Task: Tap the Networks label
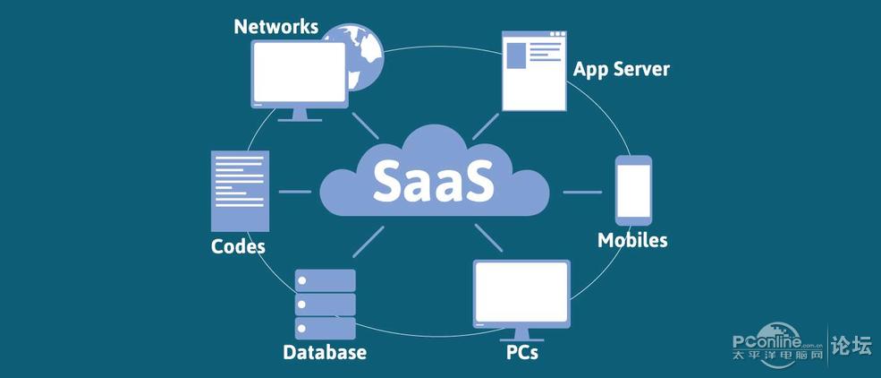click(x=275, y=27)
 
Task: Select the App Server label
click(x=622, y=70)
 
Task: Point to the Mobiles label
click(x=632, y=240)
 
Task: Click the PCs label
click(x=522, y=352)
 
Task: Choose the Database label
click(x=325, y=353)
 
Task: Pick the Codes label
click(x=238, y=246)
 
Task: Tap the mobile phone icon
click(x=633, y=190)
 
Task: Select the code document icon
click(x=240, y=191)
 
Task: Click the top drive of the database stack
click(x=326, y=280)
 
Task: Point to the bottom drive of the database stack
click(x=326, y=328)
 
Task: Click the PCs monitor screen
click(x=522, y=292)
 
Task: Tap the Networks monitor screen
click(x=300, y=73)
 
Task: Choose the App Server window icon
click(x=534, y=71)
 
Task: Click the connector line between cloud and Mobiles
click(x=582, y=192)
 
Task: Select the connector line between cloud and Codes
click(x=294, y=192)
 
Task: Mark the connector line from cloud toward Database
click(x=368, y=242)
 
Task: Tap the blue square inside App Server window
click(x=516, y=56)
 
